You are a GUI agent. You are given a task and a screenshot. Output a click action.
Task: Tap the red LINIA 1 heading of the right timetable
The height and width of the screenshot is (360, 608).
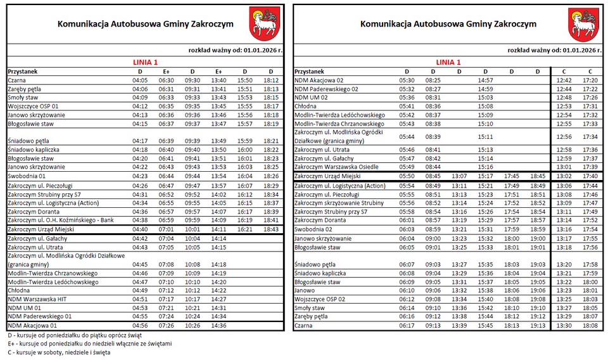pos(448,62)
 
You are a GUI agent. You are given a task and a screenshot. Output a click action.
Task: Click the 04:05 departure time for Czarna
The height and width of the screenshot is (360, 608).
pos(140,80)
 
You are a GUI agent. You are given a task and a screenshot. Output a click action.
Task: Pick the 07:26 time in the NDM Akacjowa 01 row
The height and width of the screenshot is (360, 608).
pos(166,325)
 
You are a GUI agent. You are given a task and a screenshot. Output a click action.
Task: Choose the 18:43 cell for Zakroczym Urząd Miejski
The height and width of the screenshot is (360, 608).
pos(270,229)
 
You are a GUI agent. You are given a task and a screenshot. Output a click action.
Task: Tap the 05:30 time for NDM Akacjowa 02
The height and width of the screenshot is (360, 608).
pos(407,80)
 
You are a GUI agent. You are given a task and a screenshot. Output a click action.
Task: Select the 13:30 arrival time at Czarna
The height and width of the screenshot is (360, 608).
pos(564,325)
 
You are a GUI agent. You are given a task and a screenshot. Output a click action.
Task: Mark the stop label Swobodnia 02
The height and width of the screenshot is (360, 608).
pos(313,229)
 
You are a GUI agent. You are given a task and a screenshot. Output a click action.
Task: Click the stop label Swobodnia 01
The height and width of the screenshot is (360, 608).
pos(27,176)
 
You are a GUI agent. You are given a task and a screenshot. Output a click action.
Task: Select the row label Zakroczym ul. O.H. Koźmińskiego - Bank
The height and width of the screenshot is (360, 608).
pos(61,220)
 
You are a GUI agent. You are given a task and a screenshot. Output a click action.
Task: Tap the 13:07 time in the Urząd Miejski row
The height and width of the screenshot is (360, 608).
pos(459,176)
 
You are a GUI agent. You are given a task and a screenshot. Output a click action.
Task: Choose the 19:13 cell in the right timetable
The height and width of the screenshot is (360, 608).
pos(537,325)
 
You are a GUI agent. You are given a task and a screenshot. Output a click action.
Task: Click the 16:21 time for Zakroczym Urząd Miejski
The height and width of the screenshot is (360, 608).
pos(244,229)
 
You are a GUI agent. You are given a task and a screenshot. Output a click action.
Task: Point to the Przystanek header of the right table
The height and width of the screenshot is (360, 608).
pos(310,72)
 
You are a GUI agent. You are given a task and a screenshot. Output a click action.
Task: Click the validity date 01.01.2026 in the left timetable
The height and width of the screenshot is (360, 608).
pos(260,49)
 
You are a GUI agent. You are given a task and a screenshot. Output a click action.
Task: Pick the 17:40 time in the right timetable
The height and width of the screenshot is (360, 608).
pos(590,176)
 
